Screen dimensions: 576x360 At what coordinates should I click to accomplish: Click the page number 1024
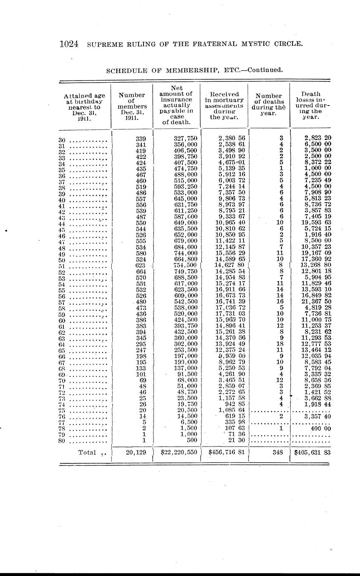(x=69, y=44)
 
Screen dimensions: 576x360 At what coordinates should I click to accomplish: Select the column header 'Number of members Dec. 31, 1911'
(x=131, y=106)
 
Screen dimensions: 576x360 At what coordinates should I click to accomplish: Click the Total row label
(x=87, y=452)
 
